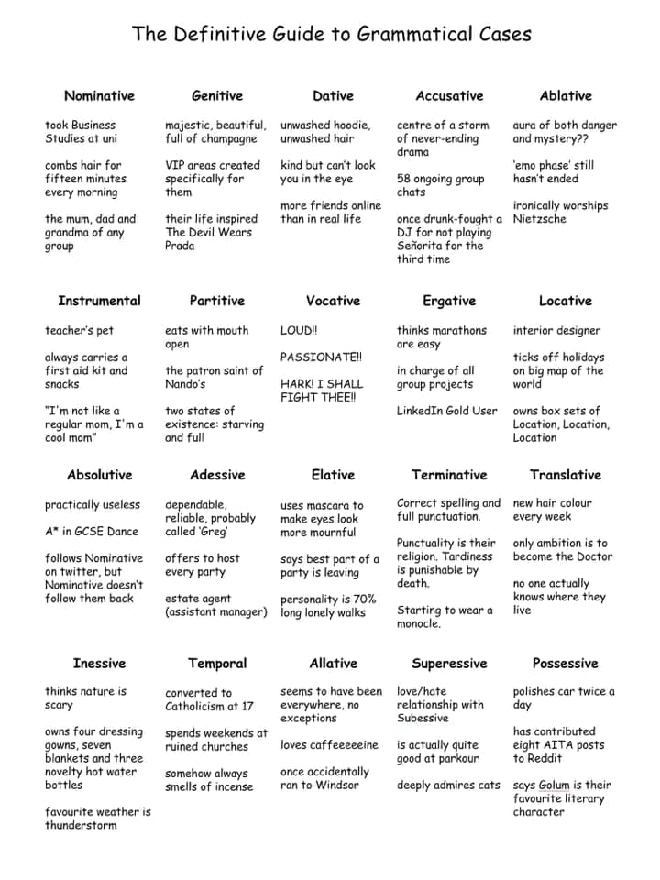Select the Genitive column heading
coord(217,96)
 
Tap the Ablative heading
coord(566,96)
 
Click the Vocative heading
coord(333,301)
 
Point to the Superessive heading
coord(449,664)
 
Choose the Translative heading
coord(566,475)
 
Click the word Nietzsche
coord(540,219)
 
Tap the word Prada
coord(180,246)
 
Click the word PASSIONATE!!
coord(321,357)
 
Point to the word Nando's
coord(185,384)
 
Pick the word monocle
coord(419,624)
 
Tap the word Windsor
coord(342,786)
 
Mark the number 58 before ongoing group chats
coord(404,179)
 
